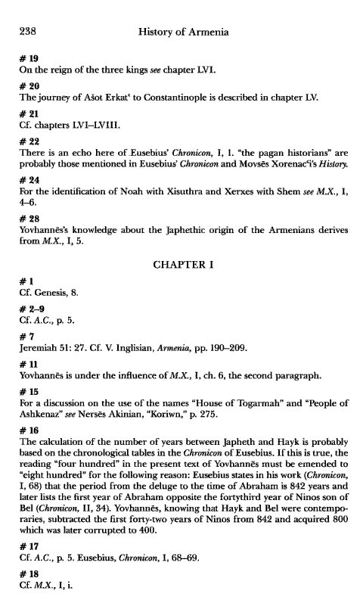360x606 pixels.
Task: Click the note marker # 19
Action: coord(27,59)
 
